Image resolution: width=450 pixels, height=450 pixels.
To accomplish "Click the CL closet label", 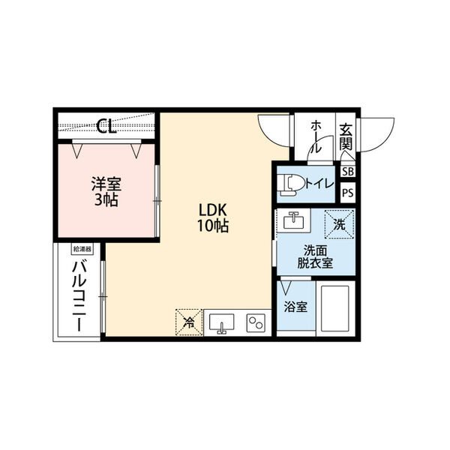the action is (106, 126).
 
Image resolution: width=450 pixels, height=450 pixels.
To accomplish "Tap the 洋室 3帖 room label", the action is (106, 192).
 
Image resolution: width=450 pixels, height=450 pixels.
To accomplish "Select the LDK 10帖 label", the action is (213, 217).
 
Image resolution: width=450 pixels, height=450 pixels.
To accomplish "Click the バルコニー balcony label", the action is (79, 296).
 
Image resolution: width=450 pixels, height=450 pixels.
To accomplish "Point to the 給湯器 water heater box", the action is (82, 249).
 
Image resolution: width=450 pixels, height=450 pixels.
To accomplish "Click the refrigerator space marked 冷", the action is (189, 322).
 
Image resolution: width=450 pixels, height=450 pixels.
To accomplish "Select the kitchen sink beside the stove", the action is (221, 323).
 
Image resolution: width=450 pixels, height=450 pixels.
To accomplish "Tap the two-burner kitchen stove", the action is (256, 322).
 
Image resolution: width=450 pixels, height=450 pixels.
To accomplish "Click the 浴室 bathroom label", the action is (295, 307).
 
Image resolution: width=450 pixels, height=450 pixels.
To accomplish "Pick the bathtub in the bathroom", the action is (335, 308).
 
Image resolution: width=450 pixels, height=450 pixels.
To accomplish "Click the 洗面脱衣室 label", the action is (315, 257).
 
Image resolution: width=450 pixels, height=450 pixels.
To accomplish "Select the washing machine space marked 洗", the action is (339, 224).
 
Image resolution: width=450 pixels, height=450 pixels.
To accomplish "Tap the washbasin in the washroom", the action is (293, 221).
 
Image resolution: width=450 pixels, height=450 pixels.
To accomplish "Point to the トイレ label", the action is (319, 184).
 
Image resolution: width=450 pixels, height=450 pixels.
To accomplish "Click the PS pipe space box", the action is (348, 193).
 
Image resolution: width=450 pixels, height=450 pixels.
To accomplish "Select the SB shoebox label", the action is (348, 172).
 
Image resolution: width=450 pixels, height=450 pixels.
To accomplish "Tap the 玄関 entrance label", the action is (346, 137).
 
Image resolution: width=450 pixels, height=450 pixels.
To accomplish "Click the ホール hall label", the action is (316, 136).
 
